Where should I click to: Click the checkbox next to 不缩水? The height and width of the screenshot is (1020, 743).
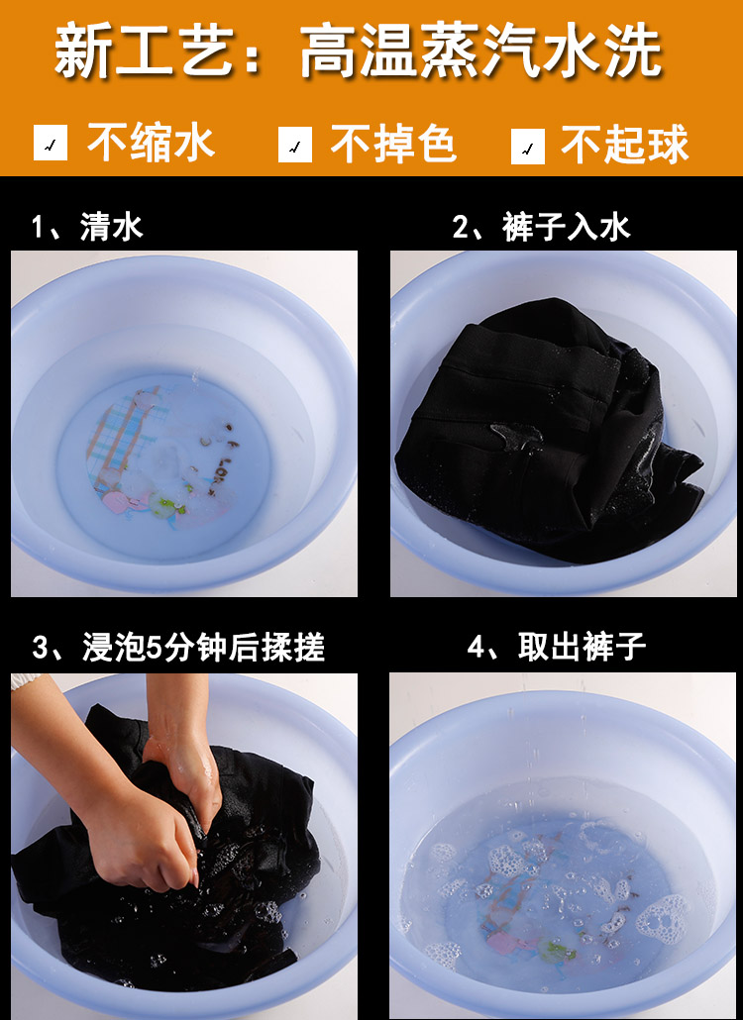[51, 143]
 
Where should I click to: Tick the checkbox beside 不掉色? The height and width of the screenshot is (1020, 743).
[295, 144]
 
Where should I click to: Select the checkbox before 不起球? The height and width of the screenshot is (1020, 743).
[528, 147]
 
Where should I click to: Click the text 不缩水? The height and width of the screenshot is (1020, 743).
[151, 142]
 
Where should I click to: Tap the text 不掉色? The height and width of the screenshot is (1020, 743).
[393, 144]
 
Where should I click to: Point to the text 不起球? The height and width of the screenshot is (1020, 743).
[624, 145]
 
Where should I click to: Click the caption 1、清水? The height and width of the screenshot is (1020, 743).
[87, 227]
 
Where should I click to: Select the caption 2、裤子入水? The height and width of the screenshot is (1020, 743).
[541, 227]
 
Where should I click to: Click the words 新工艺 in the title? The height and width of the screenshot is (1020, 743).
[145, 51]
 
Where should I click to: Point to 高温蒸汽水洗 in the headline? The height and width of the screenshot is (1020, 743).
[480, 51]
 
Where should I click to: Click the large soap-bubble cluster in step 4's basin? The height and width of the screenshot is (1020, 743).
[664, 917]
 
